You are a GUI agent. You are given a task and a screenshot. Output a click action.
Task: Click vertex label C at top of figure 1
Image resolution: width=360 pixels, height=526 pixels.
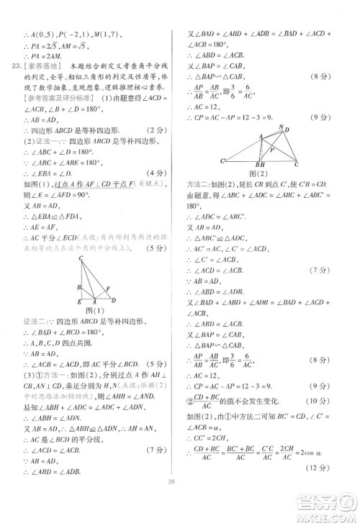pyautogui.click(x=81, y=258)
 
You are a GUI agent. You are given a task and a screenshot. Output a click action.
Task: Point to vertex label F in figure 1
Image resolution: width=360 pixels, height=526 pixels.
pyautogui.click(x=109, y=289)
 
